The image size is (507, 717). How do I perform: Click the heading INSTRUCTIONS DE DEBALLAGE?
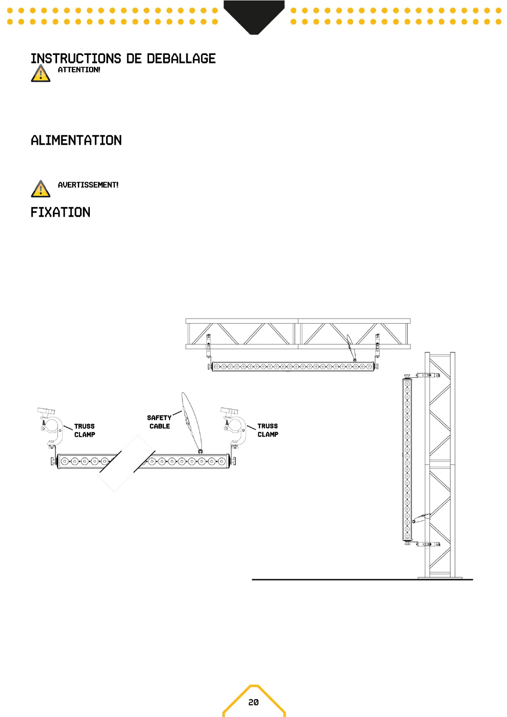click(123, 59)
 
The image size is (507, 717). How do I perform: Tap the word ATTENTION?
click(79, 70)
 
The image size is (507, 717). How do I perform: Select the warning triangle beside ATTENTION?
click(40, 74)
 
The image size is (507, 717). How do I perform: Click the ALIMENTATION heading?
click(76, 141)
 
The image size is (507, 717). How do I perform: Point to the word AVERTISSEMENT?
click(88, 185)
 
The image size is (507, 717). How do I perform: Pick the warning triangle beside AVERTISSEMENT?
click(40, 189)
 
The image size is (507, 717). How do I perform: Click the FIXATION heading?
click(60, 212)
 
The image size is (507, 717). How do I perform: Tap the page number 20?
click(253, 702)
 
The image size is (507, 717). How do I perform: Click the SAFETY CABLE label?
click(159, 422)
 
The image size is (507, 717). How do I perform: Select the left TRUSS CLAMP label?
click(84, 430)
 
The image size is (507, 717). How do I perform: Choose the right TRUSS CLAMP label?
click(268, 430)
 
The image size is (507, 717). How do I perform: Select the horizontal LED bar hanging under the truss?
click(293, 367)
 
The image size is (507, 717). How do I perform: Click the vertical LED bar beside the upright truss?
click(407, 459)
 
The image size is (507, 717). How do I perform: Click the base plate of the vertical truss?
click(440, 577)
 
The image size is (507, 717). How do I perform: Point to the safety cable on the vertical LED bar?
click(421, 518)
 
